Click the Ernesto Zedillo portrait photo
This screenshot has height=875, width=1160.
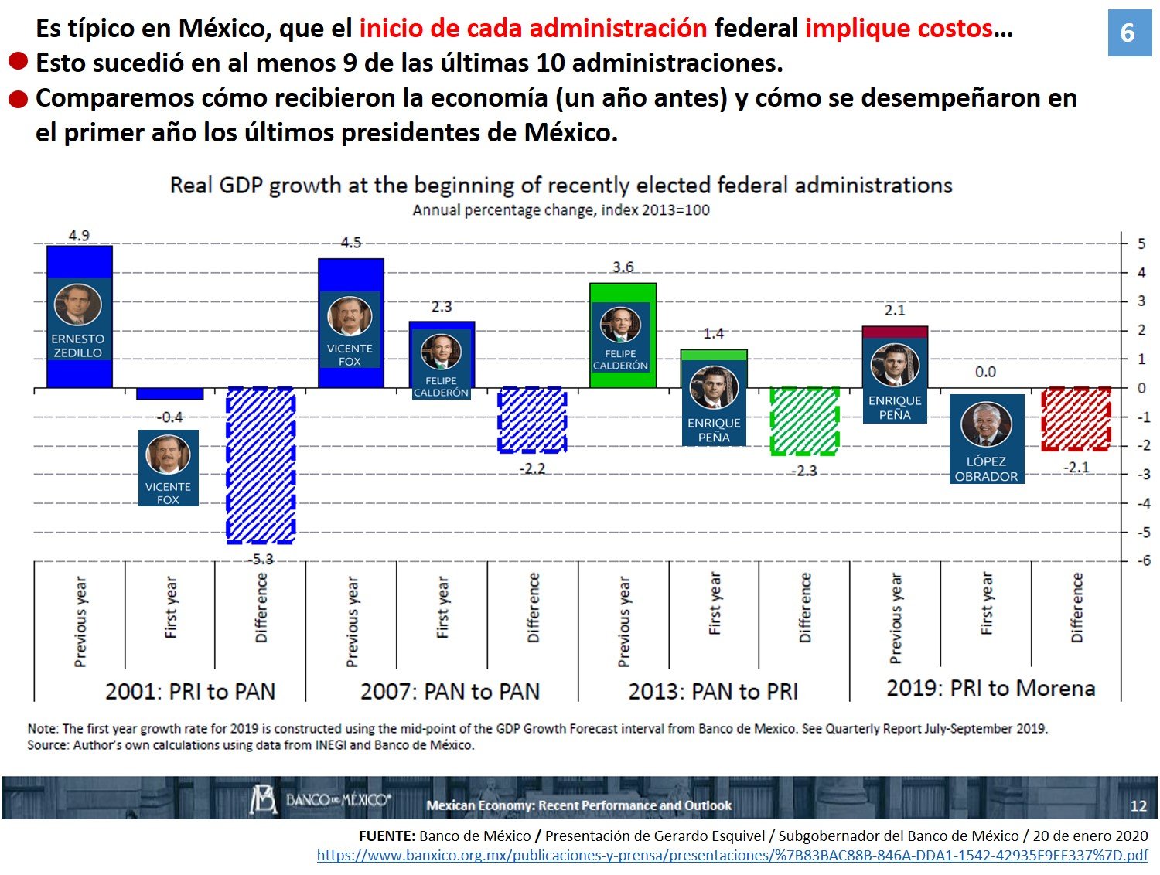(x=77, y=305)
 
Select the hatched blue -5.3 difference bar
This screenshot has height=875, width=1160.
(x=261, y=465)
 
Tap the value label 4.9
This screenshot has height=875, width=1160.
(x=79, y=236)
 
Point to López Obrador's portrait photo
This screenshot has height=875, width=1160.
(x=986, y=425)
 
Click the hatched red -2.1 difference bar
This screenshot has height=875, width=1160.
(x=1076, y=418)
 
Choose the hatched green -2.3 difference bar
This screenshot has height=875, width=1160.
(x=804, y=420)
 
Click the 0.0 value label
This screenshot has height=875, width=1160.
(x=985, y=372)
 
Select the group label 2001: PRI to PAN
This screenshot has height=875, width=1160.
(x=190, y=691)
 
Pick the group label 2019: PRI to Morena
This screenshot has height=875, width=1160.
(x=991, y=688)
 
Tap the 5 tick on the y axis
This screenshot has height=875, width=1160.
(x=1141, y=243)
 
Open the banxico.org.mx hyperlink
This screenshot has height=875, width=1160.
(x=732, y=856)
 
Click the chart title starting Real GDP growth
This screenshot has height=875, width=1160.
(x=561, y=186)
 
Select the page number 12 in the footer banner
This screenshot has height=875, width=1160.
(x=1138, y=805)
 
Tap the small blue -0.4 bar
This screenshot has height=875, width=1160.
(x=169, y=393)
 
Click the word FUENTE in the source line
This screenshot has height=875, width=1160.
(x=387, y=836)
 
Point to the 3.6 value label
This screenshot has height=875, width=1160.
(x=623, y=267)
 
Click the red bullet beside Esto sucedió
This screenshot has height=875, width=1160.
(x=19, y=61)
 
